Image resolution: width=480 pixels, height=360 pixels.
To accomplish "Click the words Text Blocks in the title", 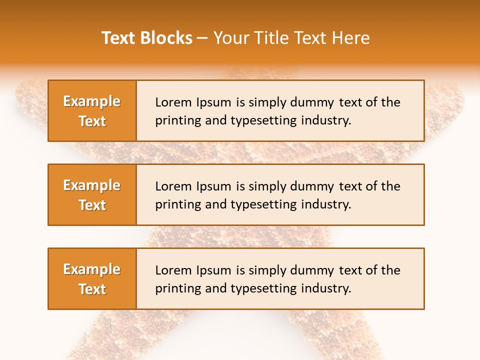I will click(x=147, y=38).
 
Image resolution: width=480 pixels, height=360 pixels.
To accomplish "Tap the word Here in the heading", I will click(x=351, y=38).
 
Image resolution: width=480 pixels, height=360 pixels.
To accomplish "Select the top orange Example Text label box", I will click(x=92, y=110).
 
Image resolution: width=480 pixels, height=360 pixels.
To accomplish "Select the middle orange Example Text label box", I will click(x=92, y=194).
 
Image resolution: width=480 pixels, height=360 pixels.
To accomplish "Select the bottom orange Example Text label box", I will click(x=92, y=278).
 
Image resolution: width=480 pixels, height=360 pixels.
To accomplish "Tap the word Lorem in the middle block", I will click(x=173, y=186).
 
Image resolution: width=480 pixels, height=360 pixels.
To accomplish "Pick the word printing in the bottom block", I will click(x=175, y=288).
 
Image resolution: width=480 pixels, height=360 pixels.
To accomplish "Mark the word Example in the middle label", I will click(x=92, y=185).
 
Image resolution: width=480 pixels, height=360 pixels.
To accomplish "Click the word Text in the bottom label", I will click(x=92, y=289).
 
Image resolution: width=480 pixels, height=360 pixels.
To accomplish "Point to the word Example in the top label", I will click(x=92, y=101).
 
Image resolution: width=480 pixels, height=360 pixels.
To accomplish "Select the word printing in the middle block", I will click(x=175, y=204).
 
